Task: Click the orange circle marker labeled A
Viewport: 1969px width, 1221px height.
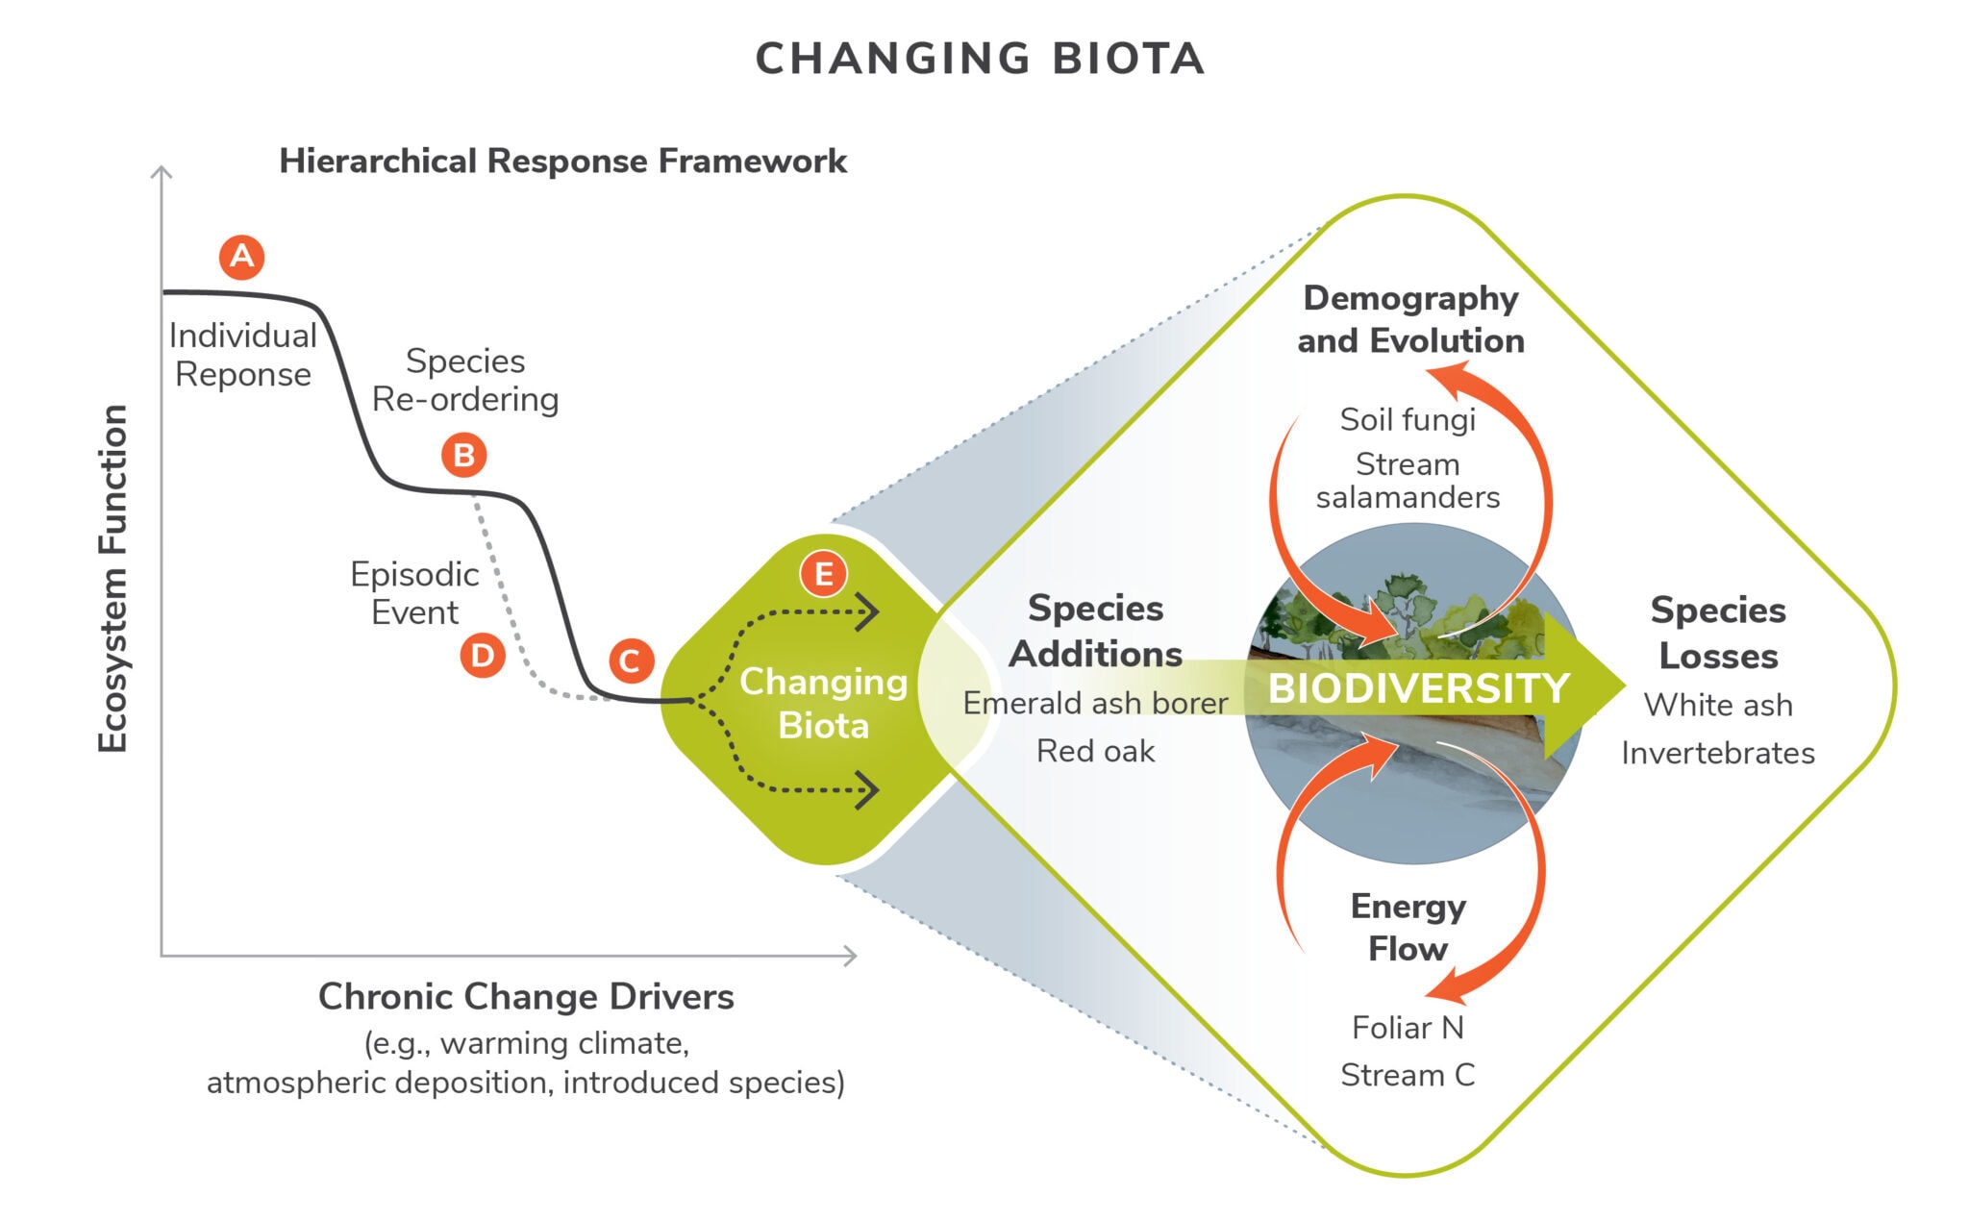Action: (x=241, y=257)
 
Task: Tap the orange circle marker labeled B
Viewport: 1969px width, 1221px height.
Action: (x=464, y=455)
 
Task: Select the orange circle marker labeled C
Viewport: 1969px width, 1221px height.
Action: (x=632, y=660)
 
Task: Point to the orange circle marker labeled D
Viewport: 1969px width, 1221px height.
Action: (x=483, y=656)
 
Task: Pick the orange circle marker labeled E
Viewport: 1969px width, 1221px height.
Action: (x=824, y=574)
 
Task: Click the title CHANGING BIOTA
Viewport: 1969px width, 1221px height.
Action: (x=980, y=59)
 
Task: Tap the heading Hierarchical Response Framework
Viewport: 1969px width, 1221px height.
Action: (x=563, y=161)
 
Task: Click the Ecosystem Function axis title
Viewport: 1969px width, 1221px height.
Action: (x=112, y=579)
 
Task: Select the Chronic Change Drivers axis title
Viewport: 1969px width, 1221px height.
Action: (x=526, y=996)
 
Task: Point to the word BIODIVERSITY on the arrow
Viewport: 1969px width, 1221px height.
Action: (x=1419, y=688)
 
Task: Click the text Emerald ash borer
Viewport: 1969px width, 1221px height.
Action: (x=1096, y=703)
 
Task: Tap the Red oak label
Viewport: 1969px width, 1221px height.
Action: (x=1096, y=751)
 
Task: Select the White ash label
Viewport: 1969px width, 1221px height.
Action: (x=1718, y=705)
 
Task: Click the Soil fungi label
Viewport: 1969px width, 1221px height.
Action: (x=1408, y=420)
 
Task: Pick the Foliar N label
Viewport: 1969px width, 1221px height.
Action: (x=1408, y=1028)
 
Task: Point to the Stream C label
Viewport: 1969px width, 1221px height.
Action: (x=1408, y=1075)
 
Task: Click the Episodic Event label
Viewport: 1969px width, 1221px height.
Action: (x=415, y=593)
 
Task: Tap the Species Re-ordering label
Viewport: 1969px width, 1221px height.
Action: (x=465, y=380)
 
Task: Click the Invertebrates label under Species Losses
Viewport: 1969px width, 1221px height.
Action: (x=1718, y=753)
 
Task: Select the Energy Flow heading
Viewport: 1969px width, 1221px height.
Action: (x=1408, y=928)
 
